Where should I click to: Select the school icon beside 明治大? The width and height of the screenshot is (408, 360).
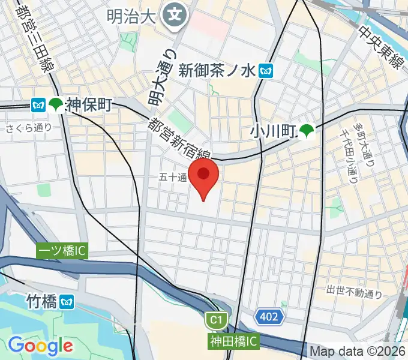coord(175,14)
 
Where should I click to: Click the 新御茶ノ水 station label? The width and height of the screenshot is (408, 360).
coord(218,71)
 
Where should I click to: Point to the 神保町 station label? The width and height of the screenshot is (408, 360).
coord(89,105)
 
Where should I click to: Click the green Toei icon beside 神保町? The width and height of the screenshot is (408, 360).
coord(56,105)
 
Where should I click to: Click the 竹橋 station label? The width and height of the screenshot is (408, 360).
coord(42,299)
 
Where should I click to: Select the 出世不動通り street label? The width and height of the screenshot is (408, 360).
coord(354,292)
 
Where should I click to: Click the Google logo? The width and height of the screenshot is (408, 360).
coord(40,346)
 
